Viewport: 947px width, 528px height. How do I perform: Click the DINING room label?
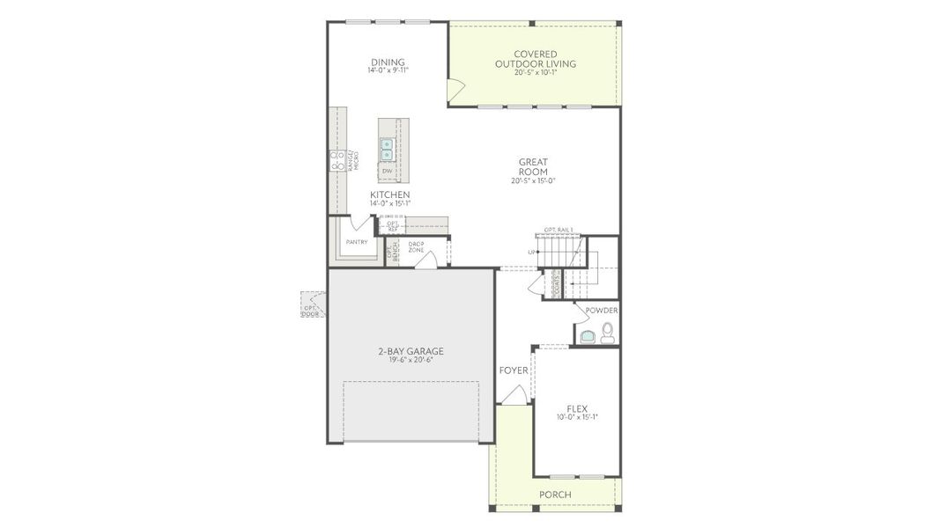click(388, 62)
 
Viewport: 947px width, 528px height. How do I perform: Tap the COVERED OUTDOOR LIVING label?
click(535, 59)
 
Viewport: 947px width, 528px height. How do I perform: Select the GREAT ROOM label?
click(533, 166)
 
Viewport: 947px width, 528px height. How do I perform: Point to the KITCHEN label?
click(389, 194)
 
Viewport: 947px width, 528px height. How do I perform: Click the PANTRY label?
click(357, 242)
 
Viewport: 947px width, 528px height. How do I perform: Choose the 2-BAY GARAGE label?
click(405, 351)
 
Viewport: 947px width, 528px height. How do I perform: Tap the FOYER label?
click(514, 370)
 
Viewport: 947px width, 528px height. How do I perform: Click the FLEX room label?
click(577, 408)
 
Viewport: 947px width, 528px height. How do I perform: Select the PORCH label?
click(555, 495)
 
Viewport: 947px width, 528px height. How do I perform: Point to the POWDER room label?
click(602, 311)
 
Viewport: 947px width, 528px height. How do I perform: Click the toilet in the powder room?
click(607, 333)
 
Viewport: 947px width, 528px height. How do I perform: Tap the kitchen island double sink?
click(387, 148)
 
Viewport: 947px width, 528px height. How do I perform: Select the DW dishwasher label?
click(387, 171)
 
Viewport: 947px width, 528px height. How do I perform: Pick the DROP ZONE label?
click(416, 246)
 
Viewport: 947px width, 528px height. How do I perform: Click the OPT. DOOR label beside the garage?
click(311, 311)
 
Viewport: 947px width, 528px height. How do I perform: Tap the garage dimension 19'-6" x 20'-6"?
click(405, 360)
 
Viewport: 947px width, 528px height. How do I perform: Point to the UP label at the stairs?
click(531, 253)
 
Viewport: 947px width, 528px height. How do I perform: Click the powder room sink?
click(587, 334)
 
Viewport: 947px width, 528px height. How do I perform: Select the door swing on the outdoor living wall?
click(456, 89)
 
